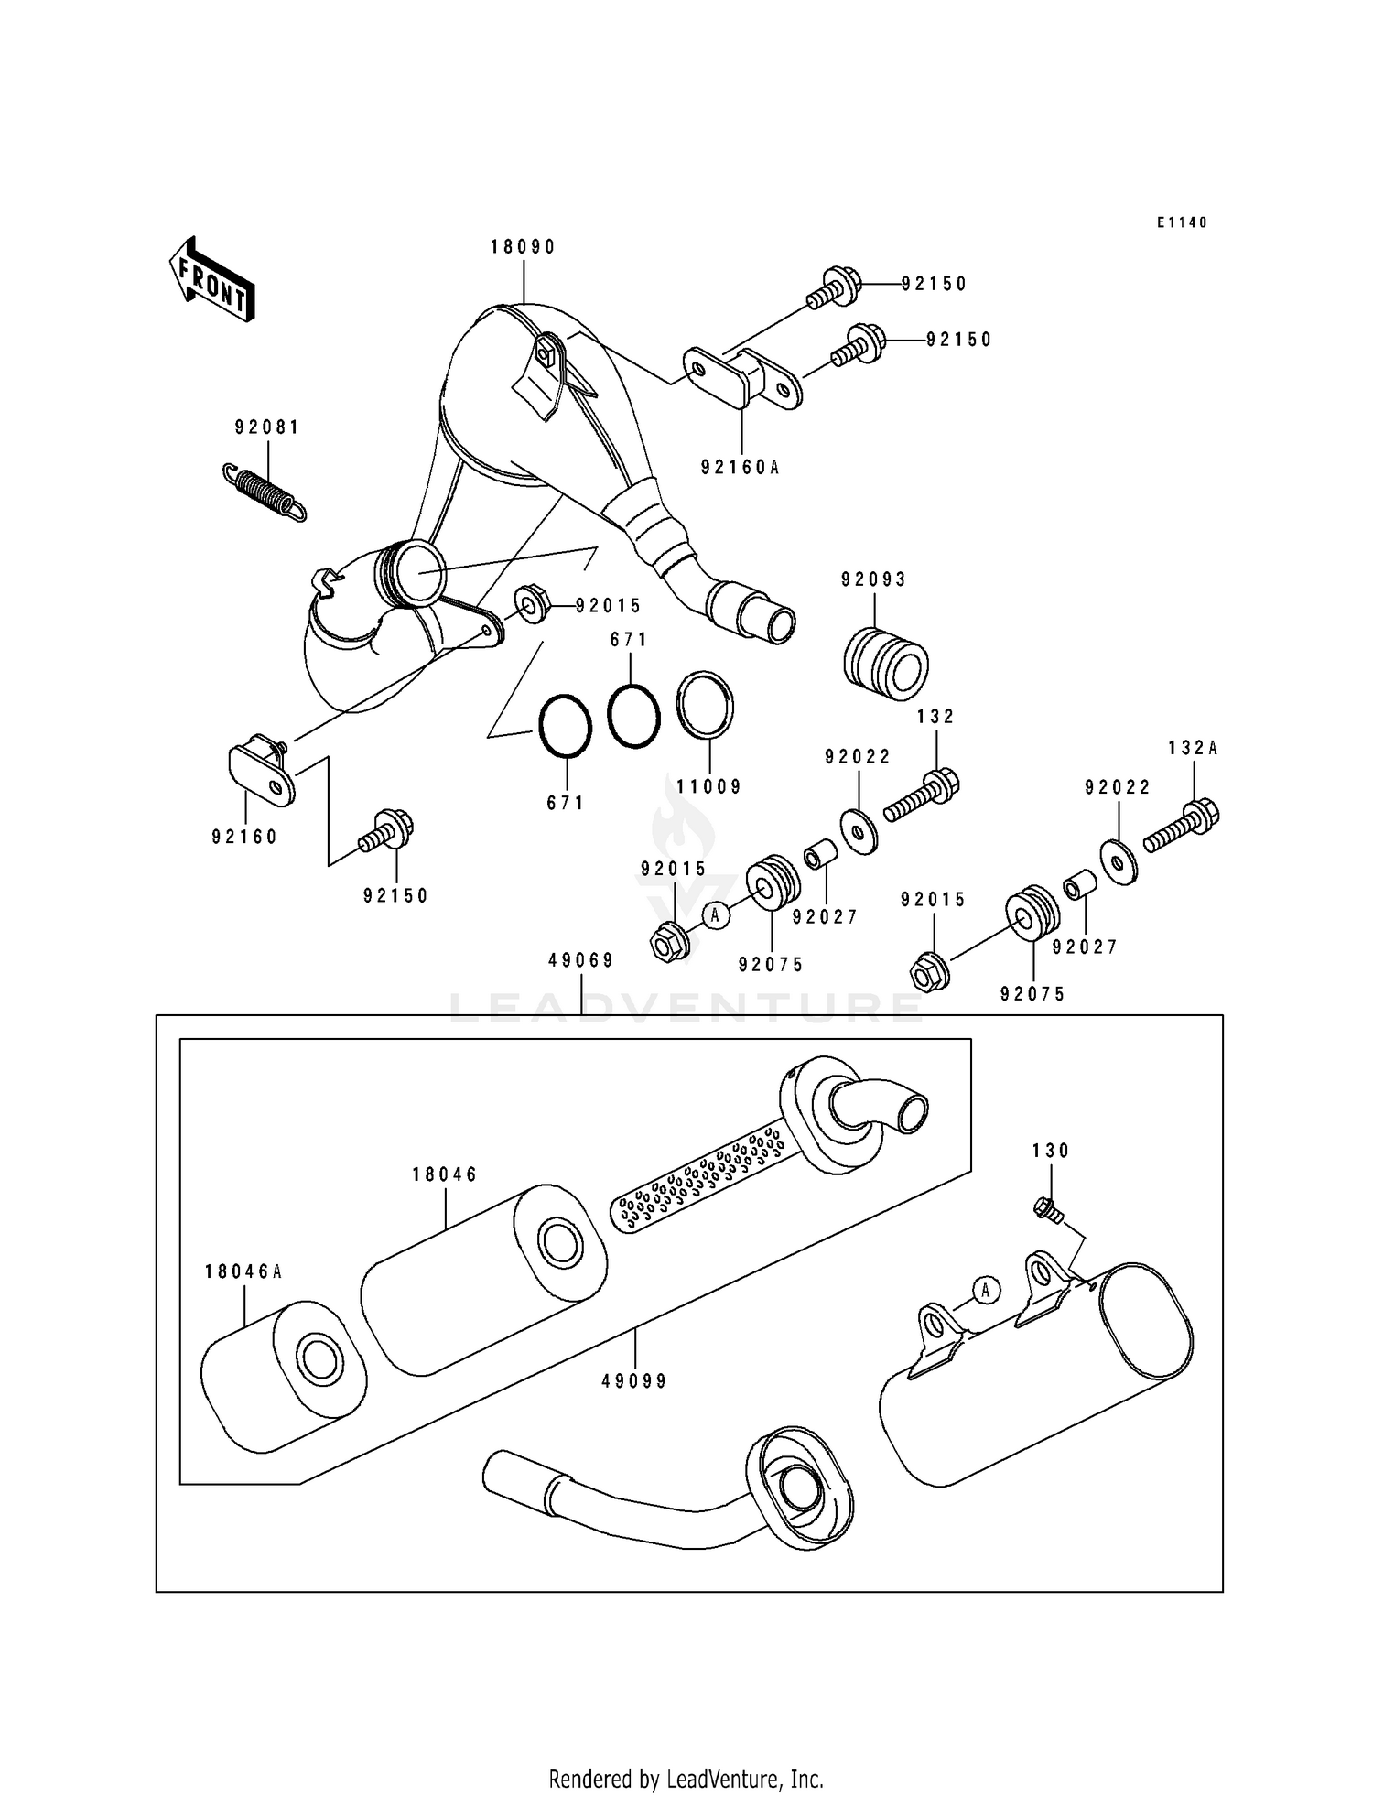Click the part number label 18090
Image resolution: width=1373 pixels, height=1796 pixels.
click(523, 247)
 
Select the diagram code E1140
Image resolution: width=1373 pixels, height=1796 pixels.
click(1182, 222)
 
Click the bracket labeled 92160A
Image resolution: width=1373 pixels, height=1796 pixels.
click(743, 377)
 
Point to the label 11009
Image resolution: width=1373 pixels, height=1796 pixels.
click(709, 786)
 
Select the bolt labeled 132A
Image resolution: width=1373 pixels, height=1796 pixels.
click(1182, 826)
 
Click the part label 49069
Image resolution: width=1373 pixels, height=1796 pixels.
click(581, 960)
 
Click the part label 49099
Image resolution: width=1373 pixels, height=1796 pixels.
click(634, 1381)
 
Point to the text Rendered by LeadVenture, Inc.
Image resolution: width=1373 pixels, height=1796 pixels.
click(686, 1779)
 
